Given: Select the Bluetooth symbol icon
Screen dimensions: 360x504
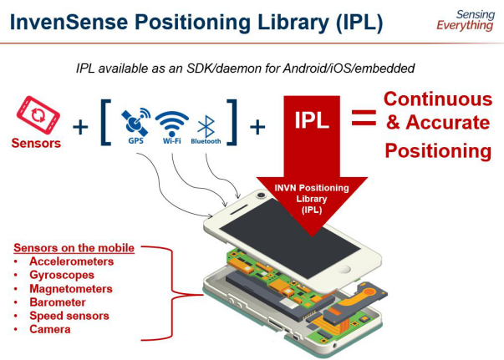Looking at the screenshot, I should (x=206, y=124).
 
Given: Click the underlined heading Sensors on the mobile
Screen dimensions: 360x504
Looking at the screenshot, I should (x=74, y=247).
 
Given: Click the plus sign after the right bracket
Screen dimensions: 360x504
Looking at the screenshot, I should (x=258, y=126).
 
